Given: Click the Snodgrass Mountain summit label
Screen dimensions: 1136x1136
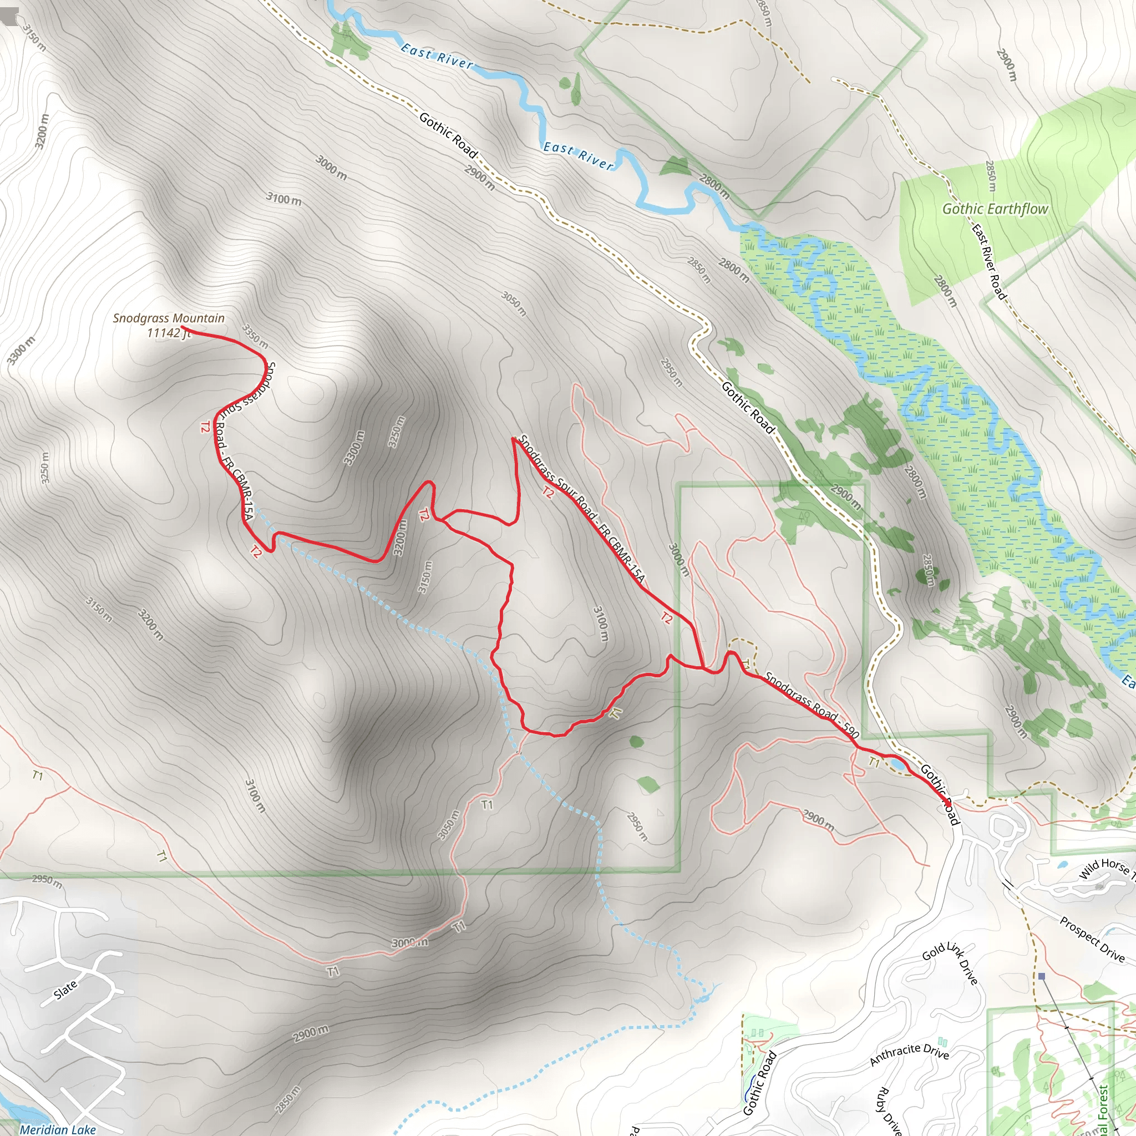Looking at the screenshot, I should click(x=169, y=325).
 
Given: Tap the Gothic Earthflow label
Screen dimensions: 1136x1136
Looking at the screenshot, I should click(x=995, y=209).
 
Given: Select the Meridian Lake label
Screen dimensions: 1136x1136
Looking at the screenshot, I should click(x=58, y=1129).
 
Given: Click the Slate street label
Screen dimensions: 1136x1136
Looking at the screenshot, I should click(x=65, y=990).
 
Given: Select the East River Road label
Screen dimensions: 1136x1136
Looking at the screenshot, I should click(x=988, y=262).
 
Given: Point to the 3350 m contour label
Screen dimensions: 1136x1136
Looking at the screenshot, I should click(x=255, y=336).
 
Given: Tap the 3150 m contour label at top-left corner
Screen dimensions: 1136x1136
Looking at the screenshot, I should click(x=34, y=37).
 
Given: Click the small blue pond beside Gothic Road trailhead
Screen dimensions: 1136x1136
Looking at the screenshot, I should click(x=897, y=764).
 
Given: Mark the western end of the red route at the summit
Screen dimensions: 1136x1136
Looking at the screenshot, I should click(x=182, y=327).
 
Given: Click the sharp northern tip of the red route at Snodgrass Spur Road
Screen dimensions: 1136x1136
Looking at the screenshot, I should click(x=513, y=438).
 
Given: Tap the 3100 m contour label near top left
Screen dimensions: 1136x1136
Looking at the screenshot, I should click(x=284, y=199).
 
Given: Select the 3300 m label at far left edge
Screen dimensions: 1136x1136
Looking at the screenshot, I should click(x=21, y=351).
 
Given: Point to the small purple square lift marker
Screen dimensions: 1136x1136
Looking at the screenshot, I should click(x=1041, y=976).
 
